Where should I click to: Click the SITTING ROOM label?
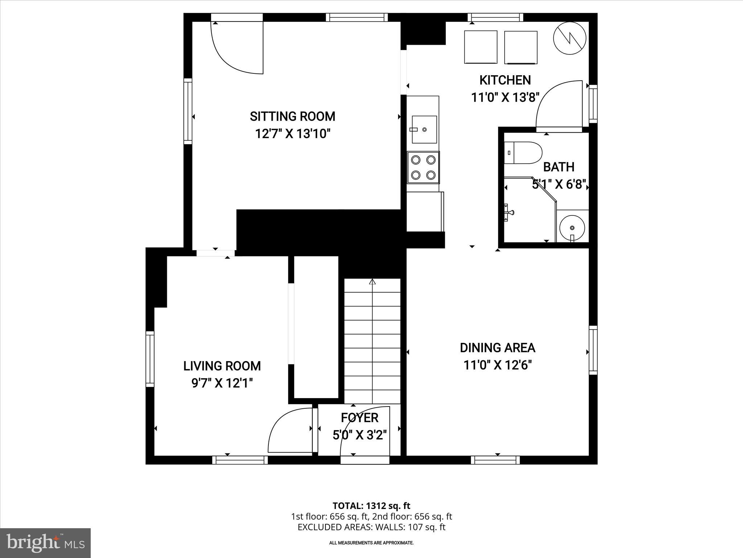(292, 117)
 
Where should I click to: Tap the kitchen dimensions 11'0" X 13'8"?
(505, 98)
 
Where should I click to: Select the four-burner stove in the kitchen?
(423, 167)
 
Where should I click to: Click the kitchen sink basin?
(424, 129)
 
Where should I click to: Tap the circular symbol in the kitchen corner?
(570, 38)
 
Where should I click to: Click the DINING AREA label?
(497, 348)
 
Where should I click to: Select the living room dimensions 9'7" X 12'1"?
(222, 383)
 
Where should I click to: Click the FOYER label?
(360, 418)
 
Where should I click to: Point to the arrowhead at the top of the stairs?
(372, 282)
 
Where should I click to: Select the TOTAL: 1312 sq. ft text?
(371, 506)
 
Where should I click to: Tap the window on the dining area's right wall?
(593, 350)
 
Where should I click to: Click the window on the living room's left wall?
(150, 359)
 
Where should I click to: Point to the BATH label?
(558, 167)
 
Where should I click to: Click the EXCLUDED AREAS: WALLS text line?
(371, 527)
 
